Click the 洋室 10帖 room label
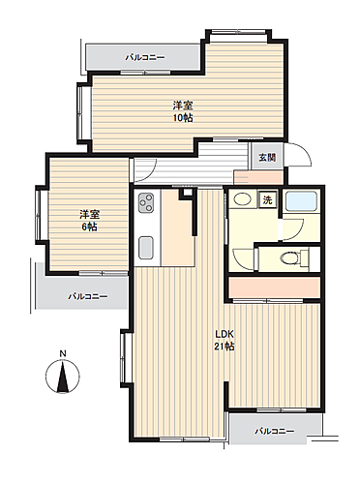181,111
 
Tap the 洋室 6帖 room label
88,220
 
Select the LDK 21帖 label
225,340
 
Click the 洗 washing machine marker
268,200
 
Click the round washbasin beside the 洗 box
243,201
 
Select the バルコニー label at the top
145,58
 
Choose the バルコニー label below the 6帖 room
87,296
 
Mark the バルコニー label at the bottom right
275,431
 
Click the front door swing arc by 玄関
297,158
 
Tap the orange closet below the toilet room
275,288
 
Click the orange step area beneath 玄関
257,177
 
